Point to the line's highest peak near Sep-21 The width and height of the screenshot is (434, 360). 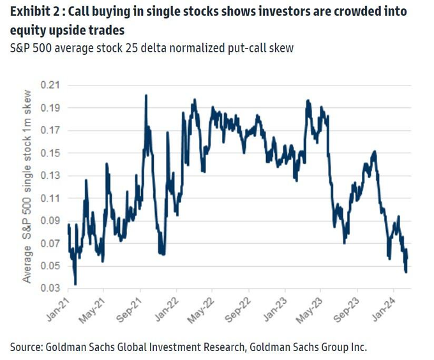[146, 96]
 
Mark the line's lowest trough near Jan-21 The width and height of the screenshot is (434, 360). [75, 284]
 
